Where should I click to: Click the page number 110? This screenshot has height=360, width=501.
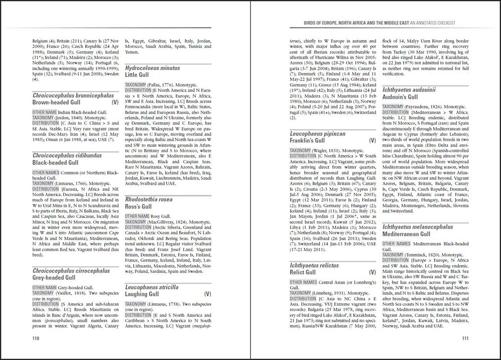click(35, 338)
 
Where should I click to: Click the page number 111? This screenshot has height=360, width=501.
click(465, 338)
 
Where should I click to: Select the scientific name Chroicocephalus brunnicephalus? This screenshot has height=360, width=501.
click(73, 96)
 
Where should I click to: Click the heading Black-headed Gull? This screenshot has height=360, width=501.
click(55, 163)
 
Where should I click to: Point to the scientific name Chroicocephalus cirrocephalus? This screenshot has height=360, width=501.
click(71, 270)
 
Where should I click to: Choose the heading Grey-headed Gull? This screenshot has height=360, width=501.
click(54, 278)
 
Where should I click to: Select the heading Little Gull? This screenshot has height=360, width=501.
click(137, 75)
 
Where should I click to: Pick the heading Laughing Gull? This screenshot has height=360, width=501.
click(143, 294)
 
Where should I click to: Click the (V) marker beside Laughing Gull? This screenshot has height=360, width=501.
click(207, 294)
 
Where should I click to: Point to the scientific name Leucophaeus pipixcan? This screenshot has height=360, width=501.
click(318, 133)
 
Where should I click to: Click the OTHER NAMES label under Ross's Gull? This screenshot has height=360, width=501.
click(137, 216)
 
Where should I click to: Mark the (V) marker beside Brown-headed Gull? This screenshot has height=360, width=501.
click(115, 103)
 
